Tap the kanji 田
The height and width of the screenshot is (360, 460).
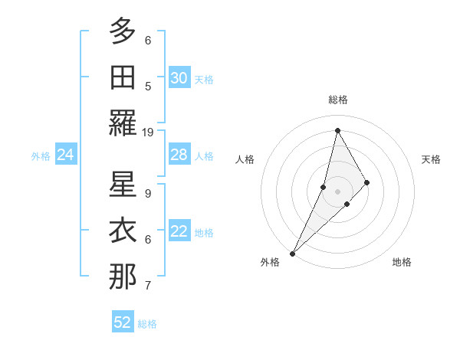coord(123,77)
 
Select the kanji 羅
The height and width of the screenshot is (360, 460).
coord(123,123)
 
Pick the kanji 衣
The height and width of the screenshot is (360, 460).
coord(123,230)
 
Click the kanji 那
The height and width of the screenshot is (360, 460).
coord(123,277)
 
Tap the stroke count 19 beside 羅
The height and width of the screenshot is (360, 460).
coord(148,133)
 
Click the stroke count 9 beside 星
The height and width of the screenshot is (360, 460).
coord(148,194)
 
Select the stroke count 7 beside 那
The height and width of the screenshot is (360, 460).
coord(148,286)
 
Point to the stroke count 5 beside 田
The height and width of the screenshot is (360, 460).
coord(148,87)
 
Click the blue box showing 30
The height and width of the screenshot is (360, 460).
coord(179,78)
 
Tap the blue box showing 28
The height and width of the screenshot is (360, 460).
coord(179,155)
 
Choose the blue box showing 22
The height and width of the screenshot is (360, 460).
coord(179,232)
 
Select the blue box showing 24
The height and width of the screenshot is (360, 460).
coord(66,155)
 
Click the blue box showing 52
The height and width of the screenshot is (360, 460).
coord(123,322)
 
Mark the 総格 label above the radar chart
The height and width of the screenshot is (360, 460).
coord(337,100)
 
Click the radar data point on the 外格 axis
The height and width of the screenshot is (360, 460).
coord(292,253)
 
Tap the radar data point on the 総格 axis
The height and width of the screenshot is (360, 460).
coord(337,130)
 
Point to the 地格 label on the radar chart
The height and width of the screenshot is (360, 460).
coord(402,262)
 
